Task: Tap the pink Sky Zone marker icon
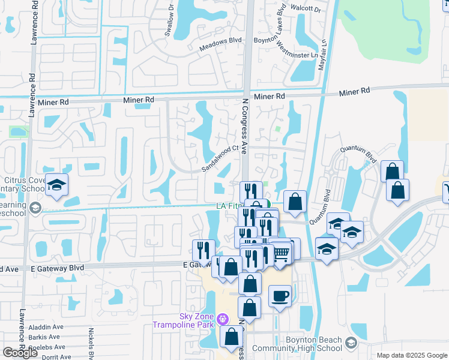(x=223, y=317)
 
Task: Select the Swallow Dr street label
(x=170, y=23)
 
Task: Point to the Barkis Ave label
(x=45, y=337)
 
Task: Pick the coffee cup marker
(x=280, y=295)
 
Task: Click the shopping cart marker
(x=282, y=251)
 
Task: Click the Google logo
(x=20, y=353)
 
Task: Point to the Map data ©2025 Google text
(x=411, y=355)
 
